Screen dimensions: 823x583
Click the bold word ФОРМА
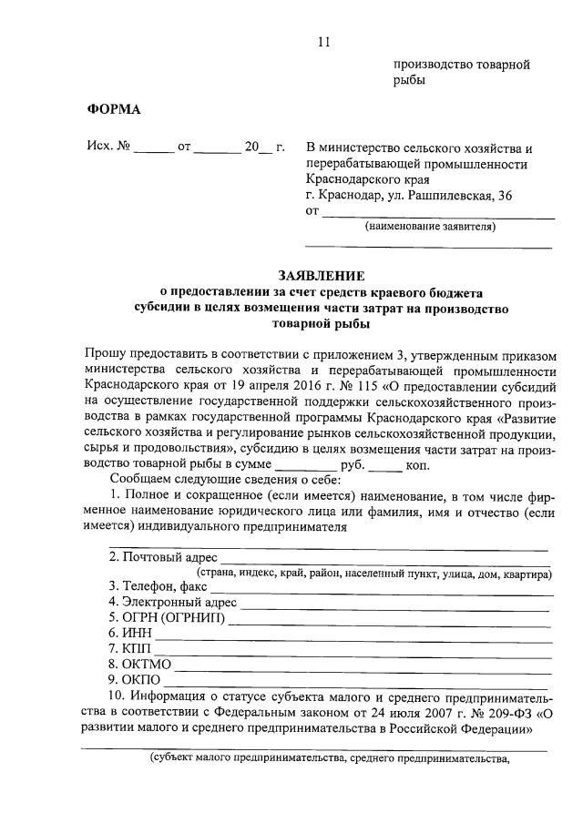pos(114,109)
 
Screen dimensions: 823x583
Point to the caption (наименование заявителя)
pos(430,227)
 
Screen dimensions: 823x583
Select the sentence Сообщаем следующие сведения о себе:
pos(224,479)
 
